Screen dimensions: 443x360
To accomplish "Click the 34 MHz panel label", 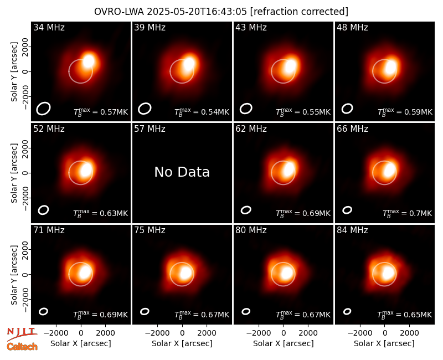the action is (x=49, y=27).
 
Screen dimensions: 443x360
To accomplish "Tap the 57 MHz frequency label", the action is (x=150, y=129).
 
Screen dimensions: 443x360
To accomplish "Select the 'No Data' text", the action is (x=182, y=172).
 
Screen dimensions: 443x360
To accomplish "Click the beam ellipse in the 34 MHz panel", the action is (x=43, y=109).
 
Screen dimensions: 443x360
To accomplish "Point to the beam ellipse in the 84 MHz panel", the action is (x=347, y=311).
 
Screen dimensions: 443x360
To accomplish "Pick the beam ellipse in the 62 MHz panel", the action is (x=246, y=210).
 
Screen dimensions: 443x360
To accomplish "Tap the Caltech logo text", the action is (x=22, y=347).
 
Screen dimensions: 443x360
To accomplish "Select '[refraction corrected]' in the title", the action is (x=299, y=12).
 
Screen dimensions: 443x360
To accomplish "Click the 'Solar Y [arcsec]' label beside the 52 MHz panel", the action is (x=14, y=173).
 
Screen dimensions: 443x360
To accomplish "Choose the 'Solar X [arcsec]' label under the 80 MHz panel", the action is (x=284, y=343).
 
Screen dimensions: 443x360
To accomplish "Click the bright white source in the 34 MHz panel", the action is (x=89, y=61).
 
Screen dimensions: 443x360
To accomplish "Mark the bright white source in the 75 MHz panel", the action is (x=186, y=273).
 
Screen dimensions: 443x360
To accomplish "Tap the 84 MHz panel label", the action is (x=352, y=230).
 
